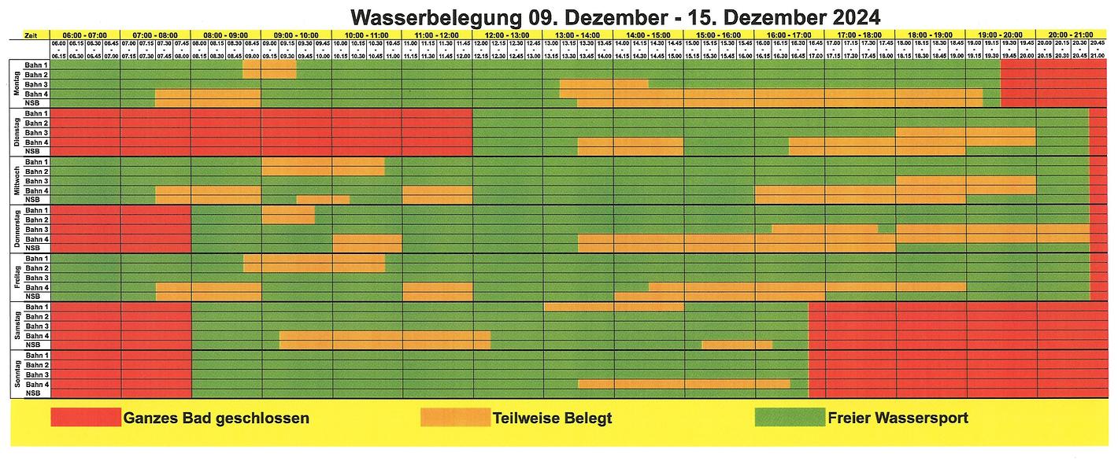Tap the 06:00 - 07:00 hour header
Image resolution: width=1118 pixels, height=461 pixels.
(x=85, y=35)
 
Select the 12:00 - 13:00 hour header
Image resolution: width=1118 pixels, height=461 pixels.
(x=508, y=35)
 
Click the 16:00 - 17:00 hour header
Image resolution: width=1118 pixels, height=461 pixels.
(x=789, y=35)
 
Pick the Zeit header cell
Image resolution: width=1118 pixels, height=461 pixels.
(x=29, y=35)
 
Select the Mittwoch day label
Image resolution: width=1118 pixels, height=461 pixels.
(x=16, y=180)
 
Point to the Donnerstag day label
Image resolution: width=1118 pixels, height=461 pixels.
(x=16, y=229)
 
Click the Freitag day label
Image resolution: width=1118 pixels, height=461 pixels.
(x=16, y=277)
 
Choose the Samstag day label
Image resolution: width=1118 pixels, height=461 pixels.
(x=16, y=326)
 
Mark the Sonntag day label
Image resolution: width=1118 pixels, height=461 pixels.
(x=16, y=374)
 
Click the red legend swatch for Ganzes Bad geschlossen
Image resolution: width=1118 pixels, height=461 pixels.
(x=86, y=417)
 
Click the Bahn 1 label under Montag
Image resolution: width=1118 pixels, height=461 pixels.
(x=36, y=65)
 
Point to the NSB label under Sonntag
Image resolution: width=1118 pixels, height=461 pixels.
(x=33, y=393)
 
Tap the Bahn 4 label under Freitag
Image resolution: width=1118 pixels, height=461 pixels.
(x=36, y=287)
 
